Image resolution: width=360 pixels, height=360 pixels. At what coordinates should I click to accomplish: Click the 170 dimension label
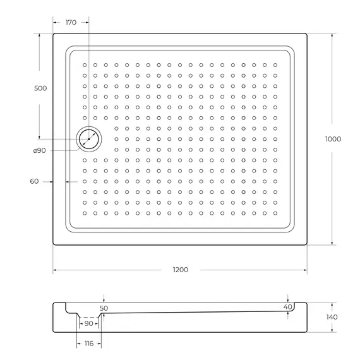71,23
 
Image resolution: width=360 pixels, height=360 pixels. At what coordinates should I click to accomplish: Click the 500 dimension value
40,88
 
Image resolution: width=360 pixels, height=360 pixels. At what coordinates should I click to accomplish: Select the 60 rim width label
34,181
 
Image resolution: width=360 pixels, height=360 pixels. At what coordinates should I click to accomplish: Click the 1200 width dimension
180,270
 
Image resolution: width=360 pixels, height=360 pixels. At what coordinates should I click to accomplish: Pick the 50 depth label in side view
104,308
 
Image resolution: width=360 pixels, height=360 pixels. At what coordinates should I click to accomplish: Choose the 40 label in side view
288,307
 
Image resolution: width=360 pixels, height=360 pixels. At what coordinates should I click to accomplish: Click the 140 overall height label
332,316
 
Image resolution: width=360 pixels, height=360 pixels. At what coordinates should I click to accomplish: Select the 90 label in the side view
88,323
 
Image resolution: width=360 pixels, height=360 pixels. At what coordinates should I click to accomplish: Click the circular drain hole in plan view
88,138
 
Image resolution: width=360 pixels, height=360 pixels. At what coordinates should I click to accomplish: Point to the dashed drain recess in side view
89,316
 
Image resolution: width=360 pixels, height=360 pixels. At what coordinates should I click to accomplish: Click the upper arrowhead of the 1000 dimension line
332,35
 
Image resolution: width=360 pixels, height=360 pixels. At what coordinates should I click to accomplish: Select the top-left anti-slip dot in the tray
84,64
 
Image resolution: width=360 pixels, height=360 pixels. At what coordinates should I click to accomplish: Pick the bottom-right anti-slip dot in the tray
275,213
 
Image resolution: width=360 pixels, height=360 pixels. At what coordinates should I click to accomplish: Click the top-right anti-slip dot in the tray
275,64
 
